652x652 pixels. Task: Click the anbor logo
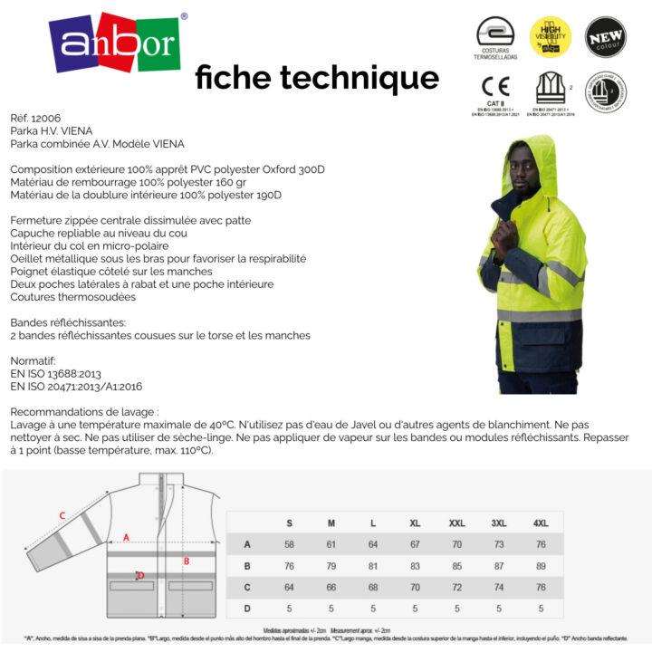tap(114, 43)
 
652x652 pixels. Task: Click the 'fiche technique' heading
tap(317, 78)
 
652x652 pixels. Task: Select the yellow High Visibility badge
tap(550, 36)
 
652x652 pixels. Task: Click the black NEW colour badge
tap(605, 36)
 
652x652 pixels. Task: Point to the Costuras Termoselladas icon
tap(495, 34)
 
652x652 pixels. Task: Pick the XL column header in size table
tap(415, 523)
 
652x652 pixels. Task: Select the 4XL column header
tap(541, 523)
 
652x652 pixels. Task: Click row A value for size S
tap(290, 544)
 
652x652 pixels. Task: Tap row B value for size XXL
tap(456, 566)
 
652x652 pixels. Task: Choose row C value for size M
tap(331, 587)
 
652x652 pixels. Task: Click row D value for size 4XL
tap(541, 609)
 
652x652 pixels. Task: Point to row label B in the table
tap(247, 566)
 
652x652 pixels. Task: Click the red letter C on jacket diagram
tap(62, 516)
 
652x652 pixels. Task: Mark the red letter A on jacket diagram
tap(126, 538)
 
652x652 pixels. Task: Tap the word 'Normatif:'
tap(34, 360)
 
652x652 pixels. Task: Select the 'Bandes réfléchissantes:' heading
tap(68, 322)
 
